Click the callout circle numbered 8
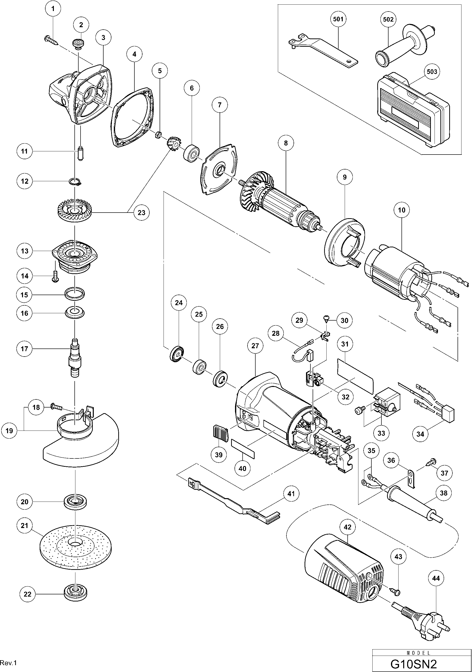[286, 143]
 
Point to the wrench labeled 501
[322, 51]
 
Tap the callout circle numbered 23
[141, 213]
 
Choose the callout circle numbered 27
[255, 346]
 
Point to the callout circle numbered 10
[401, 210]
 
